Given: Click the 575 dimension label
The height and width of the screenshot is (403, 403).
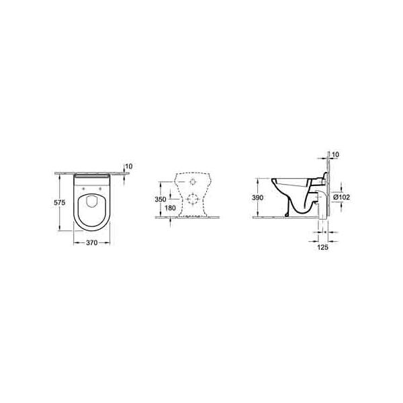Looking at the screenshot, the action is tap(59, 203).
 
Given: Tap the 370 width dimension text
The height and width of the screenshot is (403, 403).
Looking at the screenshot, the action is tap(92, 242).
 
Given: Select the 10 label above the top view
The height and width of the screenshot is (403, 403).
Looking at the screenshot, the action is tap(129, 167).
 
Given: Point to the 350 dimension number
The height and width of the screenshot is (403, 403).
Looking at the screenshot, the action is tap(161, 199).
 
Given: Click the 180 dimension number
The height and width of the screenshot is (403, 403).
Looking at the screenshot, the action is tap(170, 208).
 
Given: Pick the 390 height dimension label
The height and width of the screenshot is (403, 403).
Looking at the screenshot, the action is tap(257, 197).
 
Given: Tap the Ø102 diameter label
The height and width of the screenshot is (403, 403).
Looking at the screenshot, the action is tap(342, 197).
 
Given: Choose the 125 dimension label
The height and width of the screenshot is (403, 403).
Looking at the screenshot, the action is tap(323, 247).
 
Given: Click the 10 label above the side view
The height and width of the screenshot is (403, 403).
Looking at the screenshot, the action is tap(336, 154).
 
